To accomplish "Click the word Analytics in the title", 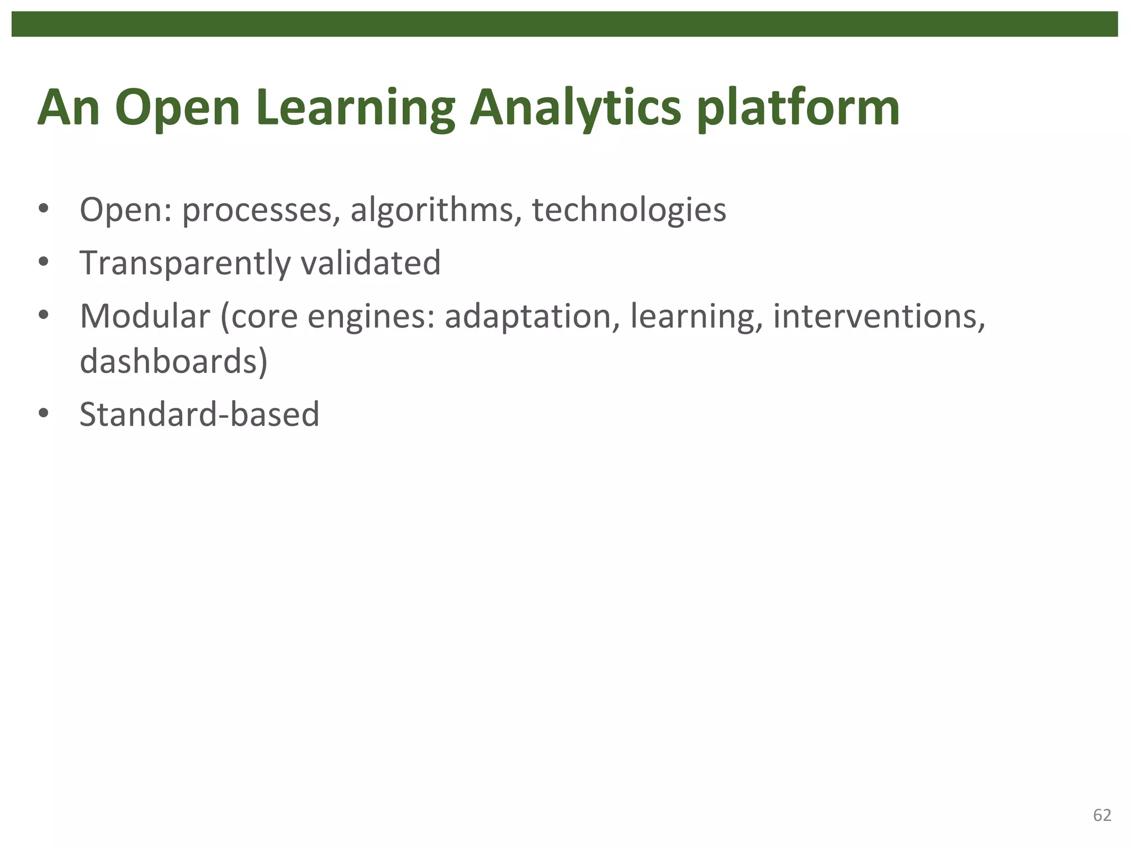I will coord(575,108).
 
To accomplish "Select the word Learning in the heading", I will coord(355,108).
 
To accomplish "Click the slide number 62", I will coord(1102,815).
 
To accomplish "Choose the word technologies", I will coord(628,210).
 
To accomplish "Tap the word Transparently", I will coord(185,263).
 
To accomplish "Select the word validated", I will coord(371,263).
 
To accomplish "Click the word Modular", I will coord(145,316).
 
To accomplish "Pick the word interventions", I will coord(878,316).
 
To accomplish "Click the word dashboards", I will coord(173,361).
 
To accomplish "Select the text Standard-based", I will coord(199,414).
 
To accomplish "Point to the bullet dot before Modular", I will coord(44,316).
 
